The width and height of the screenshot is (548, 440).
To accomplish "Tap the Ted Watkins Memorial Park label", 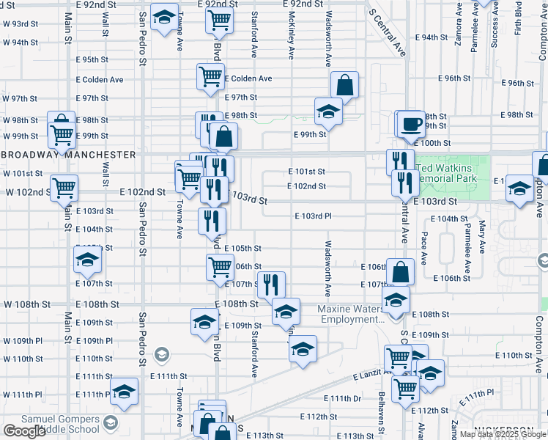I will pyautogui.click(x=447, y=172).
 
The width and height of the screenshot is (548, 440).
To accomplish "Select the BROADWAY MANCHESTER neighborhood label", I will pyautogui.click(x=69, y=155).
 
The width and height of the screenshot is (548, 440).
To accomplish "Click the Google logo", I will pyautogui.click(x=24, y=431).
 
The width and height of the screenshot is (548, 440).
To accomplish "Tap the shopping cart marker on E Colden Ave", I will pyautogui.click(x=210, y=76).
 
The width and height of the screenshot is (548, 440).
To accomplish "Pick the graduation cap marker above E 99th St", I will pyautogui.click(x=329, y=111).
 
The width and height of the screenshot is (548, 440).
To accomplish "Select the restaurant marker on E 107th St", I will pyautogui.click(x=271, y=284).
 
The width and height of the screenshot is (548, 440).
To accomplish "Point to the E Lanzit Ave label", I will pyautogui.click(x=374, y=375).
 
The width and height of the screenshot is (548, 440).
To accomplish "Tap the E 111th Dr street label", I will pyautogui.click(x=342, y=398).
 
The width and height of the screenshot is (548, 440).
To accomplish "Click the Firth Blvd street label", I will pyautogui.click(x=518, y=18).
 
